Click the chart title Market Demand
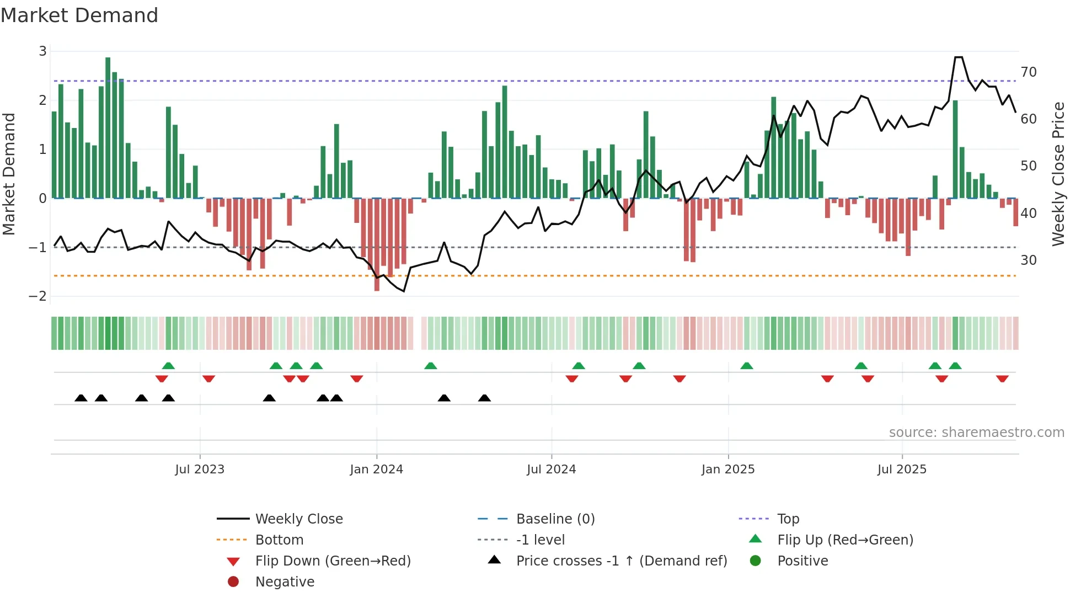tap(79, 15)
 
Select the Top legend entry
tap(788, 519)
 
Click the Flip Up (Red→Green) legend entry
tap(845, 540)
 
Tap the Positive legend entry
tap(802, 561)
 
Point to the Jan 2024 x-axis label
tap(377, 470)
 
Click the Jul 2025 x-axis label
tap(902, 470)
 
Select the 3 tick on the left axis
tap(42, 51)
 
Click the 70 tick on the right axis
tap(1028, 72)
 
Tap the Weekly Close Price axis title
tap(1058, 174)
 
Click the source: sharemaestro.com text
tap(976, 433)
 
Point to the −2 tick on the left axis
tap(38, 296)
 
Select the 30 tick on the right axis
tap(1028, 260)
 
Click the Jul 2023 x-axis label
tap(200, 470)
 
